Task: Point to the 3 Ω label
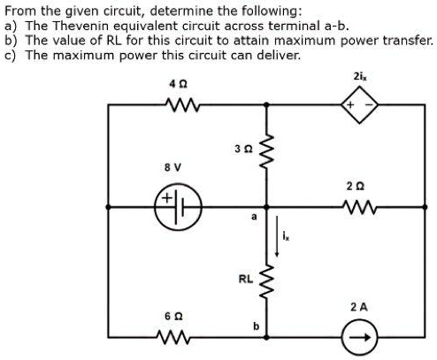(247, 149)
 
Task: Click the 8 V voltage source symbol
(177, 207)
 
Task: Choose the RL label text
(246, 279)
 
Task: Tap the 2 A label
(359, 306)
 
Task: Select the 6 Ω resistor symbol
(173, 337)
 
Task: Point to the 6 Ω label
(173, 316)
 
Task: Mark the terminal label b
(257, 326)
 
